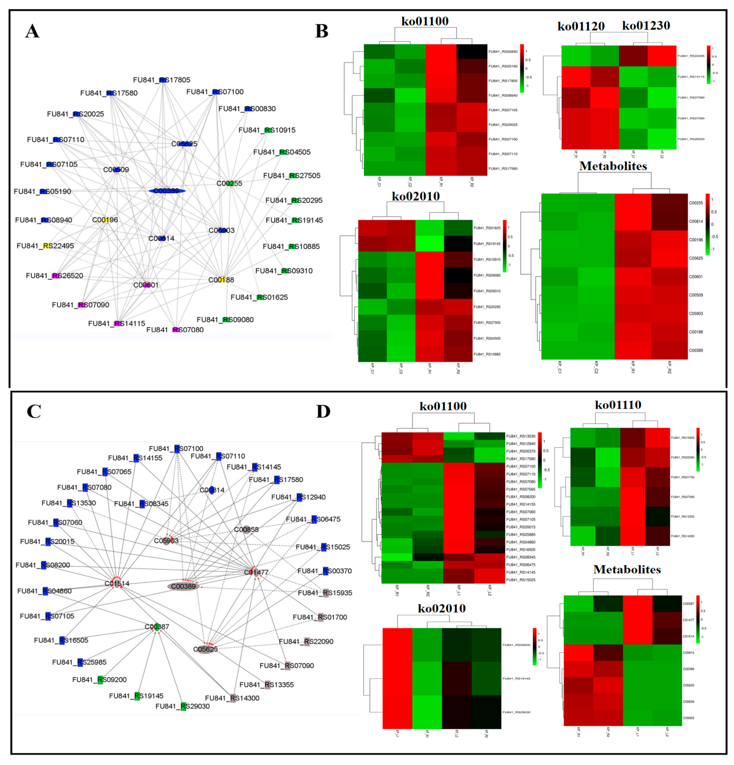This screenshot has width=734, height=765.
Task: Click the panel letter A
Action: point(32,31)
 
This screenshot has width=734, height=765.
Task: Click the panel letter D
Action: point(323,411)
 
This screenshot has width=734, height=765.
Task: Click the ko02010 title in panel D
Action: point(442,608)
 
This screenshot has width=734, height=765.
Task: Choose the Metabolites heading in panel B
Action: point(613,166)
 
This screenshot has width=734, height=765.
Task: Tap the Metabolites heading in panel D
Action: point(627,570)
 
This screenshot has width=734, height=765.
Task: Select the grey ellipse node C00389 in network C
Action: point(184,586)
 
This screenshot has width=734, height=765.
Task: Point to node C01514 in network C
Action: point(117,583)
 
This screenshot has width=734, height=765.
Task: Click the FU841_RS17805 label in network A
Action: point(162,80)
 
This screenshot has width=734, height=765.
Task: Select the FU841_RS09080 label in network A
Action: point(225,320)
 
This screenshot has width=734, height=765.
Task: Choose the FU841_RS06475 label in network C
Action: point(313,519)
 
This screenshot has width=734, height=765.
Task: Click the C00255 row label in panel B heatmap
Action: point(696,203)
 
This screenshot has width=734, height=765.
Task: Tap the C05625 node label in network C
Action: point(205,649)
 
